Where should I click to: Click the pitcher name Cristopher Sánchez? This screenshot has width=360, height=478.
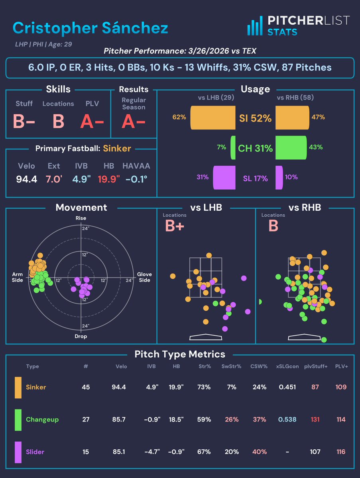coord(90,28)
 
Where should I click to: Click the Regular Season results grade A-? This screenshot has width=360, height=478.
coord(134,121)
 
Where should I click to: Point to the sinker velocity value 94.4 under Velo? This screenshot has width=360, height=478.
coord(27,179)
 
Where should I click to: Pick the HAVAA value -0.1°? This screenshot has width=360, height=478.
coord(136,179)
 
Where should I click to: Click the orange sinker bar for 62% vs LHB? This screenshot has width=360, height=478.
coord(213,118)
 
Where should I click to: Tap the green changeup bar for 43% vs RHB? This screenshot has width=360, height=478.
coord(291,147)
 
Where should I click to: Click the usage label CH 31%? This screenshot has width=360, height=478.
coord(255,149)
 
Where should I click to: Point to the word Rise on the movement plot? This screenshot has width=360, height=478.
coord(81,218)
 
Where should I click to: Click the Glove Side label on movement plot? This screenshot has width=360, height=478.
coord(144,277)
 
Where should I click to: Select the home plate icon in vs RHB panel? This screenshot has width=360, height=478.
coord(304,337)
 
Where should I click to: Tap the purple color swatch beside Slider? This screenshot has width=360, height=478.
coord(18,452)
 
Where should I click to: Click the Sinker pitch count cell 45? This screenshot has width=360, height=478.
coord(86,387)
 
